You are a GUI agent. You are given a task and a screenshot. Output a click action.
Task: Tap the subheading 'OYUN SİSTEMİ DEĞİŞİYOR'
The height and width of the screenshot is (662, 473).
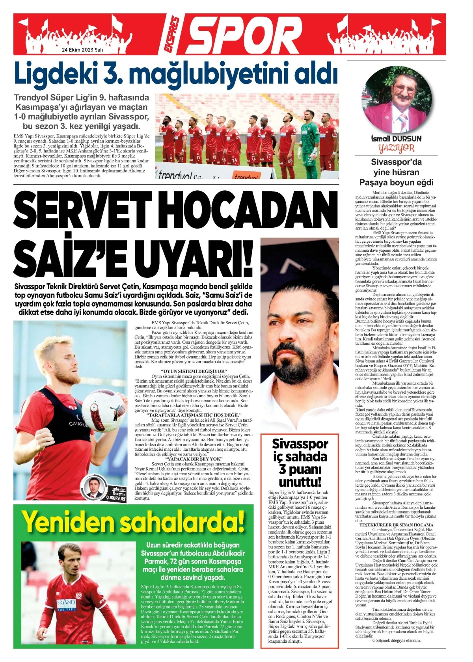coord(194,372)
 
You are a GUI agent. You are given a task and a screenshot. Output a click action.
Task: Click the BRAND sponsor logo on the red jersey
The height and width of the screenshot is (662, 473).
coord(65,604)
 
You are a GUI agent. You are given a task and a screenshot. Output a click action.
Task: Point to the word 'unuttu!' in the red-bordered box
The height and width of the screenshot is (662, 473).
coord(300,482)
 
